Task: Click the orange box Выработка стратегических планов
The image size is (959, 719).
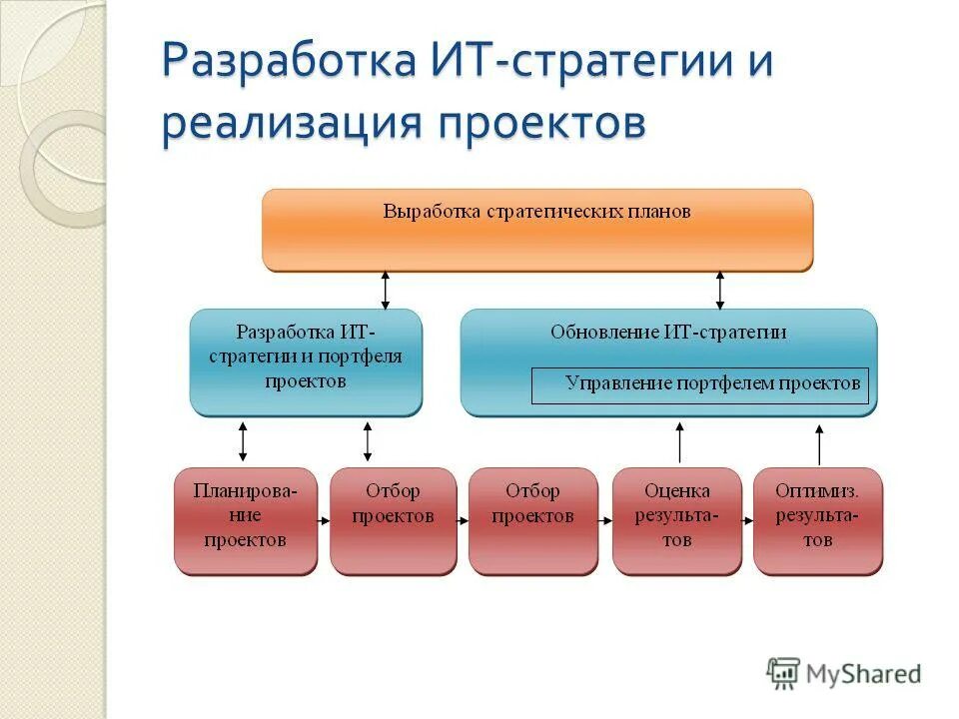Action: tap(537, 230)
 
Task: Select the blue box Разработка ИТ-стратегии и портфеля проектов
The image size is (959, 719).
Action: tap(306, 361)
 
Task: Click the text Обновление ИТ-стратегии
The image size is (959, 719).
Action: tap(668, 333)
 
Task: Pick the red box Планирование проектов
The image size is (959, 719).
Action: tap(246, 520)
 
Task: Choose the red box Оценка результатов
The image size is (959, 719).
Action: tap(677, 520)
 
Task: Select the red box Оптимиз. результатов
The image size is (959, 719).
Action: tap(817, 520)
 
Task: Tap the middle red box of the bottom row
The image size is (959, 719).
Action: tap(532, 520)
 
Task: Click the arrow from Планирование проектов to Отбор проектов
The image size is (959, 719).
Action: tap(324, 520)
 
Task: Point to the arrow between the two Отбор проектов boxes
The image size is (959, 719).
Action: tap(463, 520)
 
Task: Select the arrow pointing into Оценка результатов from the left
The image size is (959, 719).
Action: tap(605, 520)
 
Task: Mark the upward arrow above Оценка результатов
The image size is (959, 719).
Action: tap(679, 442)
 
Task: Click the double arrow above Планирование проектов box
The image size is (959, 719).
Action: tap(243, 440)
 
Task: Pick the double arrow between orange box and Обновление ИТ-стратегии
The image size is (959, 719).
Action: tap(719, 290)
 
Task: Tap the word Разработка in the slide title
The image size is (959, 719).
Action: tap(289, 62)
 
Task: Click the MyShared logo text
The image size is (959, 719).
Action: tap(864, 674)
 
